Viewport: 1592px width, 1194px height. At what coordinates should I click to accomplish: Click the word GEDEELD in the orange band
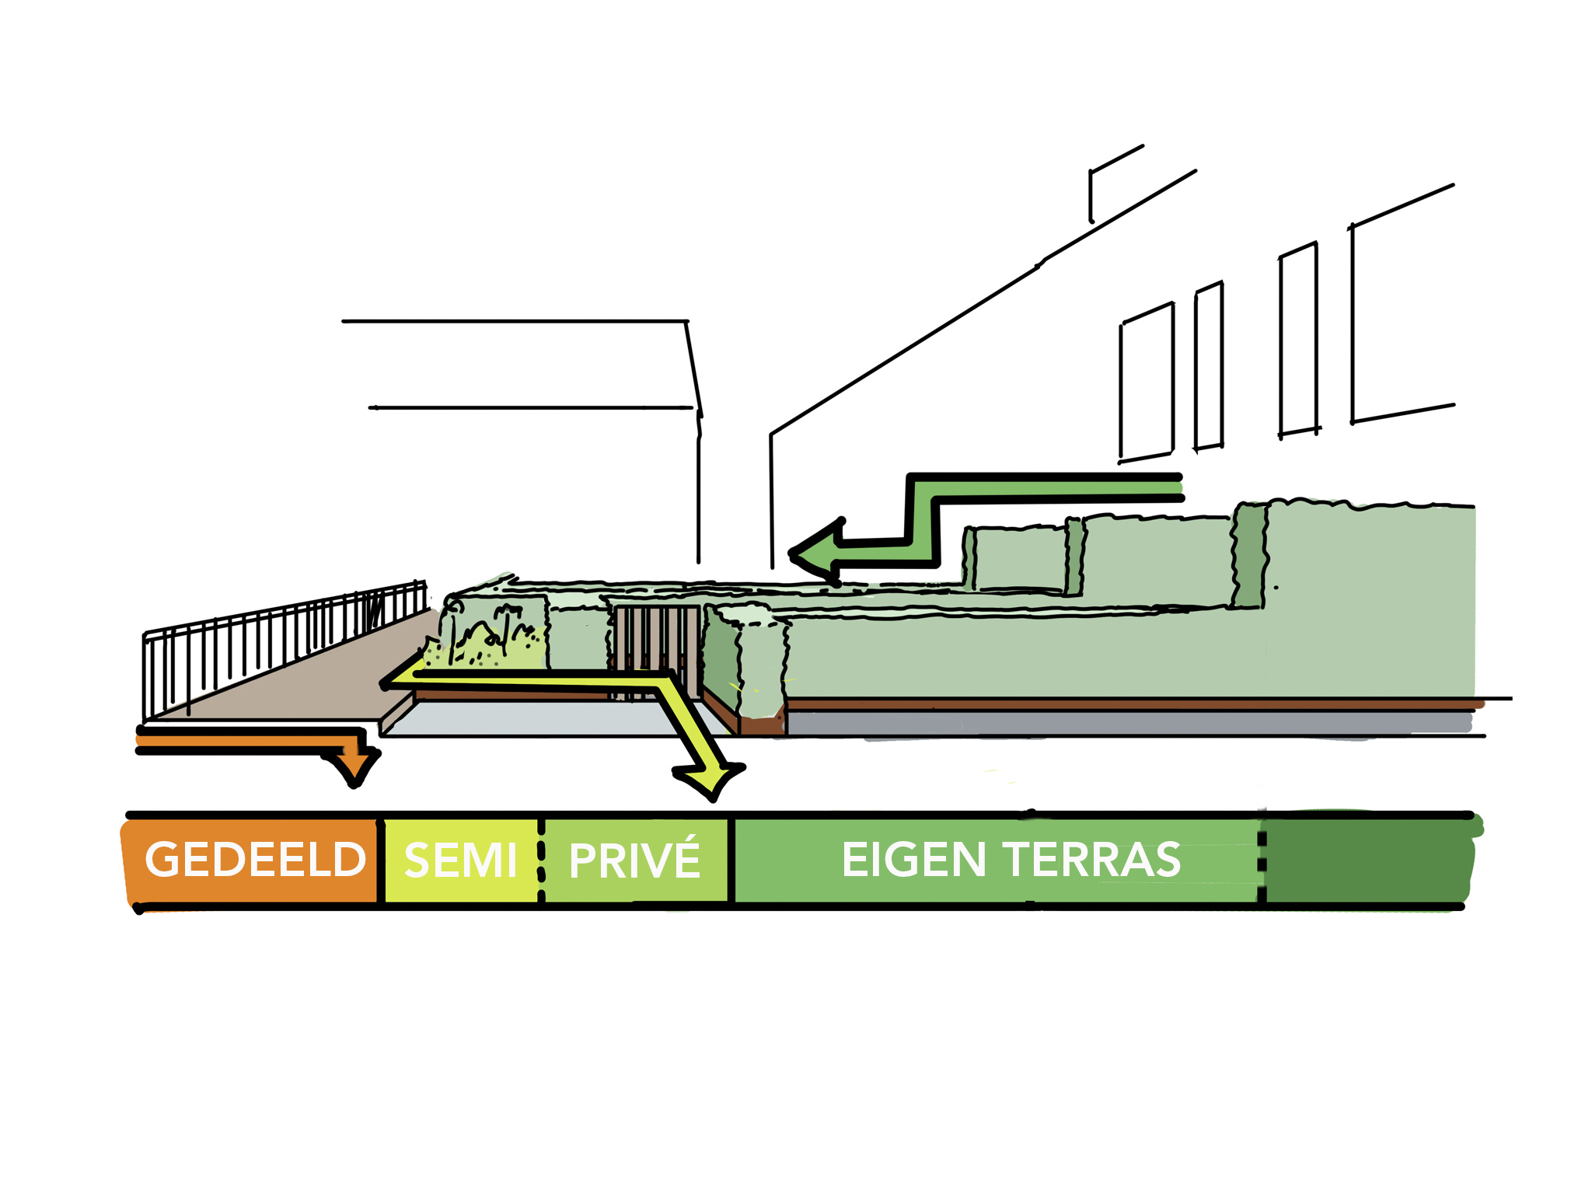point(255,860)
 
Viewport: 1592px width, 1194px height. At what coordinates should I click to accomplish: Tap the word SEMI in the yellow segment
point(460,861)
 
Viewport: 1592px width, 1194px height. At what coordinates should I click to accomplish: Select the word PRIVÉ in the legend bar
point(634,860)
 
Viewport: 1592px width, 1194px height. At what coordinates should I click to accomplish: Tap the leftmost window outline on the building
point(1147,381)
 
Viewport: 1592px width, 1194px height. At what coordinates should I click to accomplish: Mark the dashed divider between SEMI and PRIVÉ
point(541,860)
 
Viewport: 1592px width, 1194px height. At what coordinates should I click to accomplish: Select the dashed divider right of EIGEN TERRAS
point(1261,860)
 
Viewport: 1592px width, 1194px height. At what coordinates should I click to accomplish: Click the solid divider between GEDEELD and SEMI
point(381,860)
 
